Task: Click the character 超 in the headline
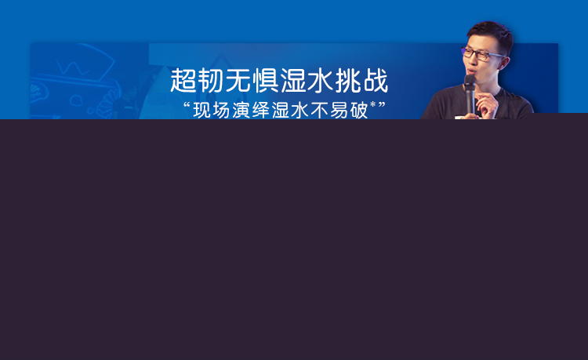[x=183, y=80]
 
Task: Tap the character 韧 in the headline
[x=210, y=80]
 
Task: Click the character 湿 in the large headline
[x=292, y=80]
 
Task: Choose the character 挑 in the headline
[x=347, y=80]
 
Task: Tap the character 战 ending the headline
[x=376, y=80]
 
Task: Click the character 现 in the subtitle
[x=201, y=110]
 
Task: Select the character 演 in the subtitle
[x=241, y=110]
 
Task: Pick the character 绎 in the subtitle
[x=260, y=110]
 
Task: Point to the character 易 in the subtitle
[x=339, y=110]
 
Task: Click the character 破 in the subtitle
[x=358, y=110]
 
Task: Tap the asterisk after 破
[x=372, y=104]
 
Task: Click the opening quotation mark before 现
[x=187, y=105]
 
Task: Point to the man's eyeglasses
[x=482, y=54]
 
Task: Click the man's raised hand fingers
[x=488, y=105]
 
